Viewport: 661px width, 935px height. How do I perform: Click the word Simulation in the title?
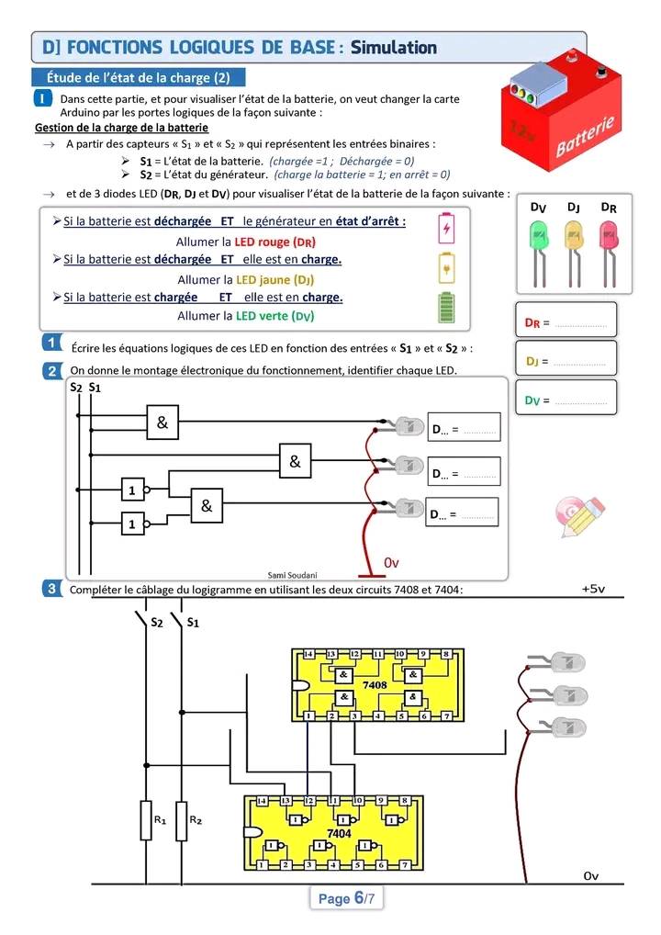coord(393,47)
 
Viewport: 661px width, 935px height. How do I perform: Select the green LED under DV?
coord(538,239)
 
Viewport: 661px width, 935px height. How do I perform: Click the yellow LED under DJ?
coord(573,239)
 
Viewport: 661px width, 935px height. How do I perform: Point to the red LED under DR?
coord(608,239)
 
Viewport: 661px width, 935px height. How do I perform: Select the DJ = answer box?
coord(565,360)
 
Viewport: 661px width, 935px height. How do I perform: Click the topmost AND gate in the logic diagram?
coord(162,423)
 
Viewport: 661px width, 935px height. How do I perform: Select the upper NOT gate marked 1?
coord(133,490)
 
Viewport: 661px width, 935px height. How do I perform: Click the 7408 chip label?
coord(375,685)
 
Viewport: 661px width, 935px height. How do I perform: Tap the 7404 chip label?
coord(339,832)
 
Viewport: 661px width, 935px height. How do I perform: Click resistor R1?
coord(147,819)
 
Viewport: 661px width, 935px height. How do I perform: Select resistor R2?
coord(182,819)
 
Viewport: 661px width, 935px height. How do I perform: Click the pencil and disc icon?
coord(580,516)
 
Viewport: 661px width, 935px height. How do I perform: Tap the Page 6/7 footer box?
coord(346,899)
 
